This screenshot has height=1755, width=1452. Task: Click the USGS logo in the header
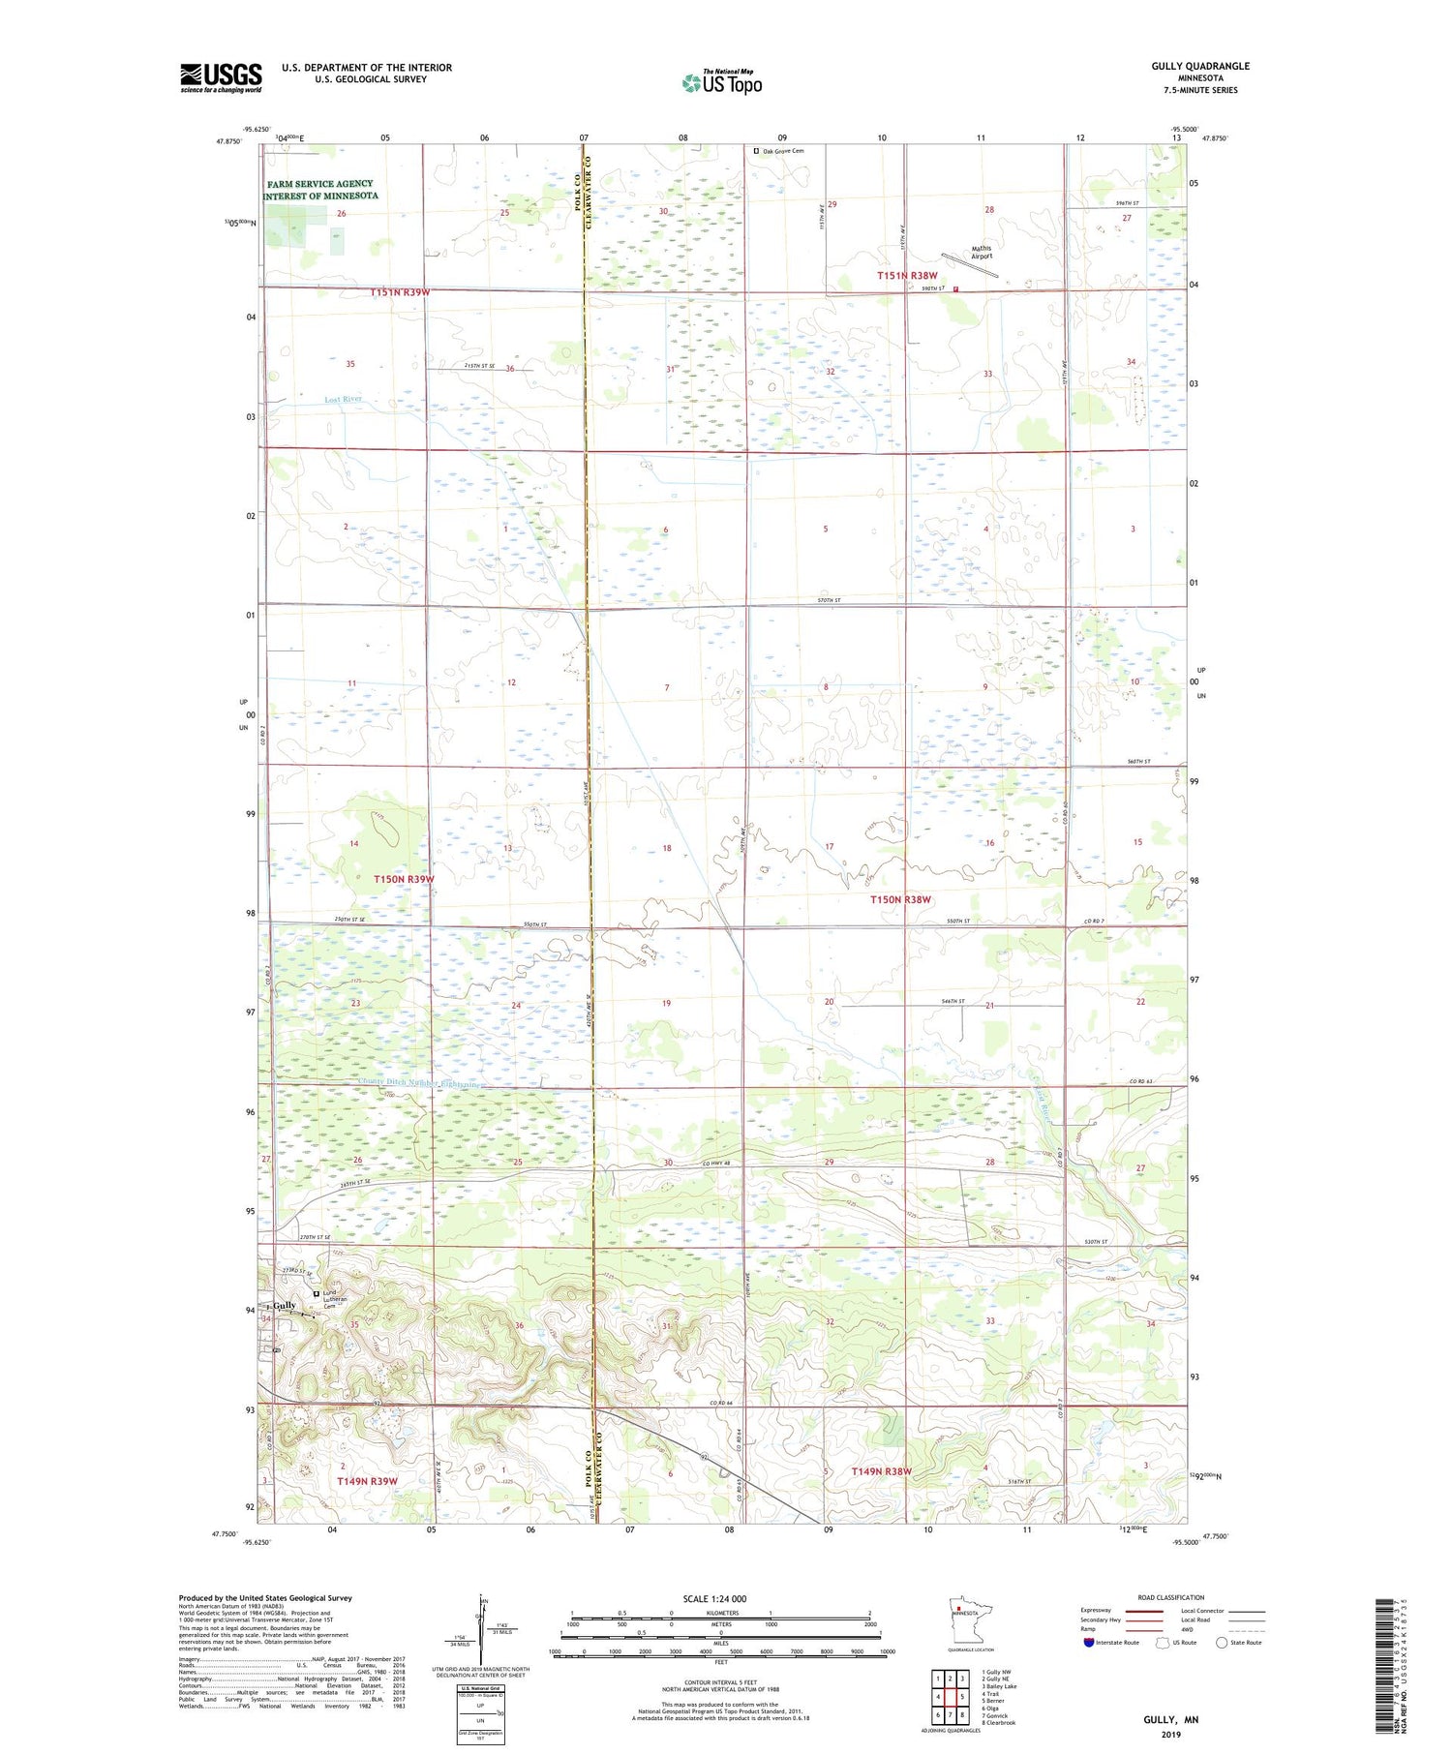221,77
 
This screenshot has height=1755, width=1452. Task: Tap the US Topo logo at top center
722,83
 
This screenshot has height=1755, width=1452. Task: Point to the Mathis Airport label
981,252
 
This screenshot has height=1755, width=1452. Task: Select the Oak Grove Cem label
782,151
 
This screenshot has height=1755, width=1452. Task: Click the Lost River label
344,399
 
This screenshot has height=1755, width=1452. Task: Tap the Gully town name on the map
284,1305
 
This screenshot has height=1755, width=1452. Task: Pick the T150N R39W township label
404,879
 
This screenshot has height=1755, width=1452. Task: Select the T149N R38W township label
881,1471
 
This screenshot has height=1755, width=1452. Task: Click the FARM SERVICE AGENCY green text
320,183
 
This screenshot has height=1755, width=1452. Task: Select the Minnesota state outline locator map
958,1619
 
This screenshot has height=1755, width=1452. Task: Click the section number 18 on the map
666,848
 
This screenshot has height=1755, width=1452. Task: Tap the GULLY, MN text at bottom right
1170,1719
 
